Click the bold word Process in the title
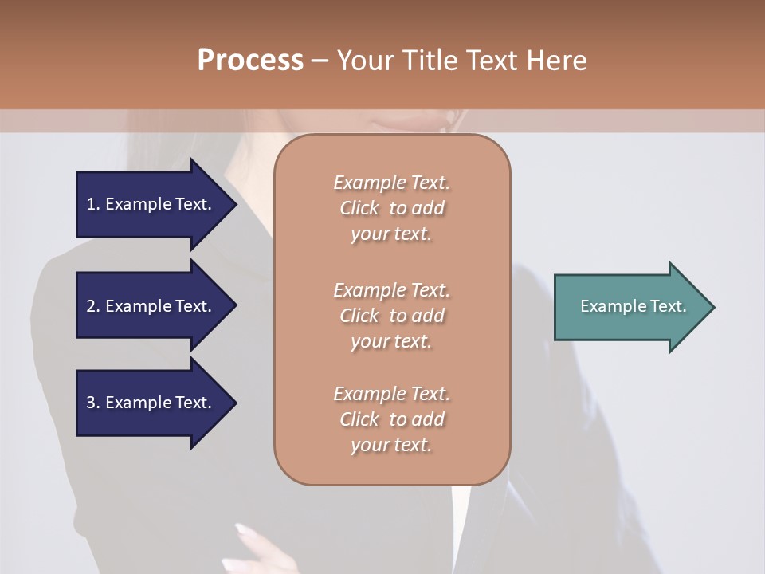pyautogui.click(x=250, y=60)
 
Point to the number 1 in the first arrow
pyautogui.click(x=91, y=204)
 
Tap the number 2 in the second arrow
pyautogui.click(x=92, y=306)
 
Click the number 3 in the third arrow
pyautogui.click(x=92, y=403)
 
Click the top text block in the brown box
pyautogui.click(x=391, y=208)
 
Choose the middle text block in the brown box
pyautogui.click(x=391, y=316)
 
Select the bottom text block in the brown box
pyautogui.click(x=391, y=419)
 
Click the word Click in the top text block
pyautogui.click(x=359, y=208)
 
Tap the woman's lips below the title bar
pyautogui.click(x=406, y=124)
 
